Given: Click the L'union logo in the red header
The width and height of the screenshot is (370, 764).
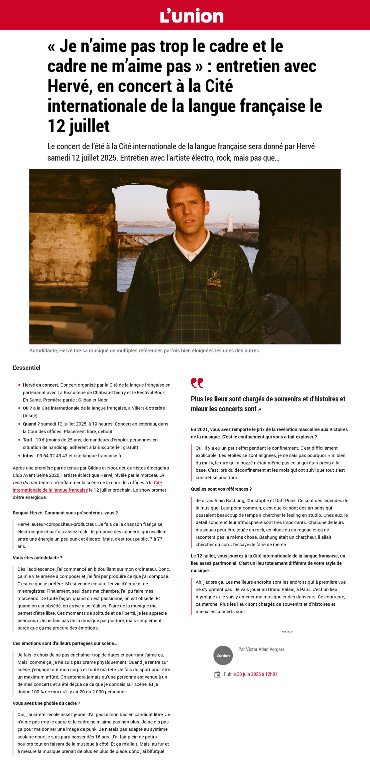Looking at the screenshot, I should [x=192, y=16].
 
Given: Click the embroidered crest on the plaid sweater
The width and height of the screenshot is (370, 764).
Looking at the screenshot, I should [x=214, y=278].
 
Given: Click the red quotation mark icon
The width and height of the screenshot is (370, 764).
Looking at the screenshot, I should [x=197, y=383].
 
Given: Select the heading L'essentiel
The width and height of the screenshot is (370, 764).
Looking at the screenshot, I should [x=26, y=368].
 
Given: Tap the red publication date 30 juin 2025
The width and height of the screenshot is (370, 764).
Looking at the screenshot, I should [x=257, y=674].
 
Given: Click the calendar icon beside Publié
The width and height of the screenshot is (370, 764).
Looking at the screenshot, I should [x=217, y=675].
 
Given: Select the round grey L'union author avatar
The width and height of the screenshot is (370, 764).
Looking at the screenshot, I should [x=223, y=656].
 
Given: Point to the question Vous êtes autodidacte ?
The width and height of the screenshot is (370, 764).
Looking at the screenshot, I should [x=38, y=558].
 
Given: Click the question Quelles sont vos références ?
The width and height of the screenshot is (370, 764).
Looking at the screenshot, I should [x=221, y=489].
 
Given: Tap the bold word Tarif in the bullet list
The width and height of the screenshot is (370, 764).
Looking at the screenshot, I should [x=28, y=440].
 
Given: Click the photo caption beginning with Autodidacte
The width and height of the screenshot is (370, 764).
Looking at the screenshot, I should [x=144, y=351].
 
